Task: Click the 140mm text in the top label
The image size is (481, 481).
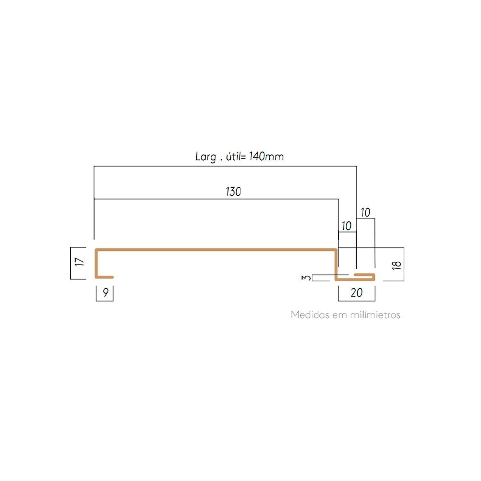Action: click(266, 156)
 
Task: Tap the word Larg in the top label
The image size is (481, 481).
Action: click(206, 157)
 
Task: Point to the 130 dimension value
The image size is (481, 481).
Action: click(233, 192)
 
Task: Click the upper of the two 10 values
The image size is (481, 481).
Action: click(365, 212)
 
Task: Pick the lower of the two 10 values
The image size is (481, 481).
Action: click(346, 226)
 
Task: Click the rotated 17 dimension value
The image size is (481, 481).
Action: click(80, 262)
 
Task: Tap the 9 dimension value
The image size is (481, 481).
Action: click(105, 292)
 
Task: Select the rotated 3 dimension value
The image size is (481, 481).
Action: click(307, 277)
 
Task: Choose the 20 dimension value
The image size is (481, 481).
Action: click(357, 292)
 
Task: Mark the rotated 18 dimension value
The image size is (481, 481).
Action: click(397, 265)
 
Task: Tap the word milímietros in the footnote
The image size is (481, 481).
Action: click(375, 315)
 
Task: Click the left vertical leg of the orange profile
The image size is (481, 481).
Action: click(96, 263)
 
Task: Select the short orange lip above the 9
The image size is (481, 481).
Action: click(104, 277)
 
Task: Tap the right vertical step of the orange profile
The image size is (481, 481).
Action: click(336, 264)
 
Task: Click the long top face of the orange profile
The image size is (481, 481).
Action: click(216, 249)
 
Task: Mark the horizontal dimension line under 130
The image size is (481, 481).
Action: click(216, 199)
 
